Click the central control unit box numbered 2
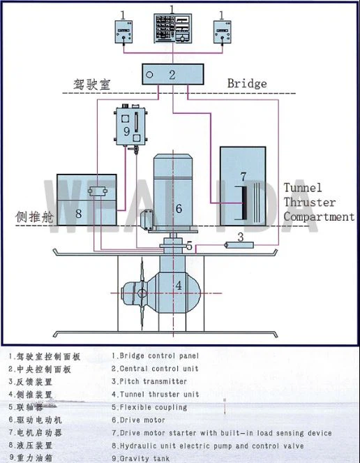173,73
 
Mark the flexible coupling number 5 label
189,247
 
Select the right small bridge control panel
223,31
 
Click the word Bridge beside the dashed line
246,84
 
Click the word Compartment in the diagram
318,217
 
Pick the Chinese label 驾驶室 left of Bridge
92,84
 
